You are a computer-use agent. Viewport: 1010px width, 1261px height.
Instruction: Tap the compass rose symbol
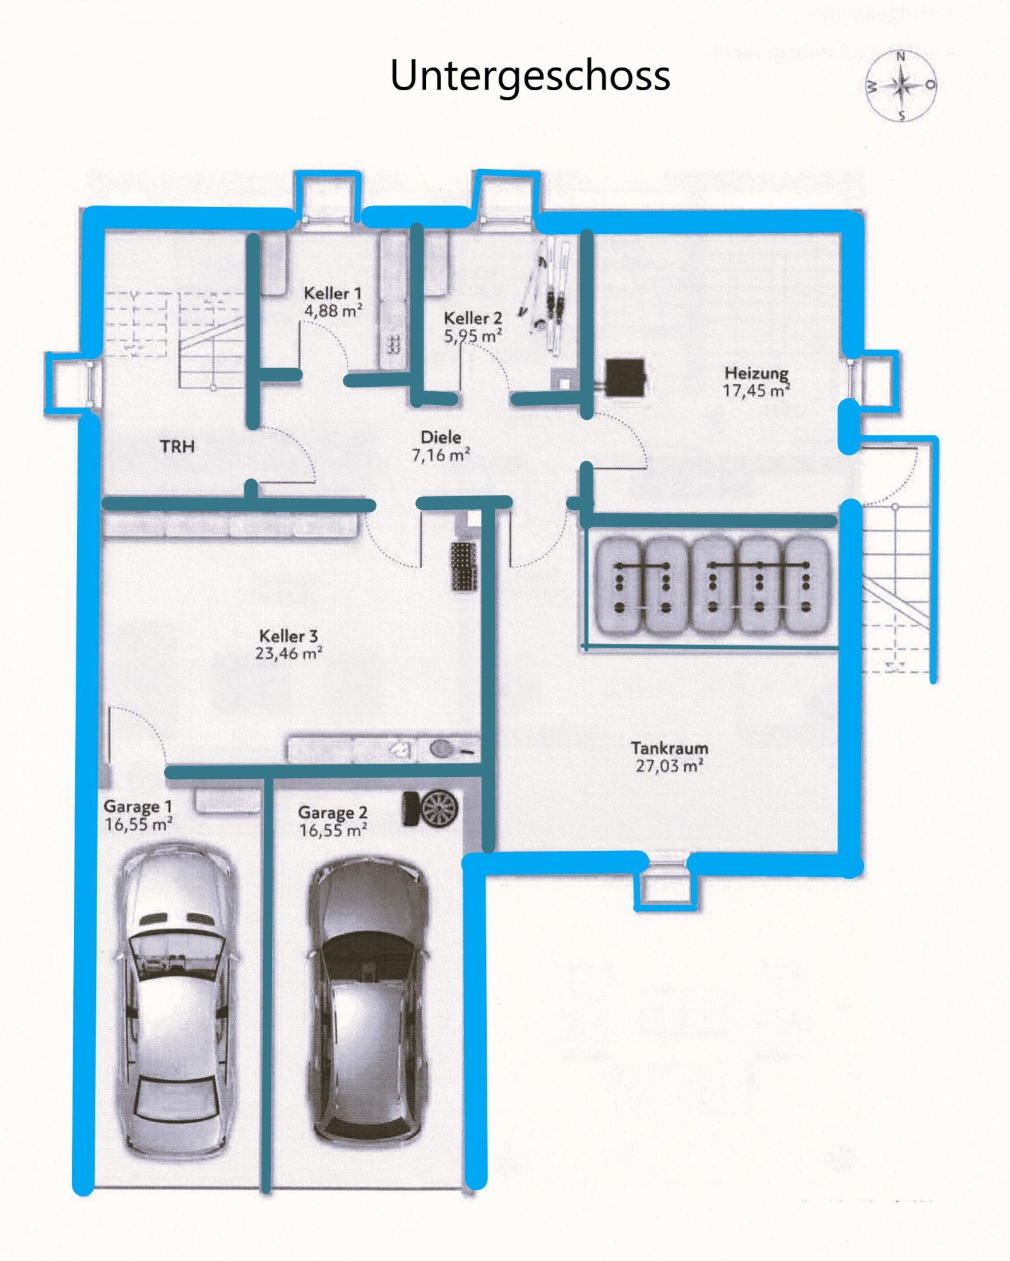tap(901, 85)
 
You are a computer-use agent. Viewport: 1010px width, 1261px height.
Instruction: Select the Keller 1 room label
tap(333, 293)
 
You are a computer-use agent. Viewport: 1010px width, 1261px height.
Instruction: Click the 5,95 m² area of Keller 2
tap(473, 336)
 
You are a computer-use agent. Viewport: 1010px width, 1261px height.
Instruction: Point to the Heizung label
tap(756, 373)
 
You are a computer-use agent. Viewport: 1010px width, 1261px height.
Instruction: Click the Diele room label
tap(441, 437)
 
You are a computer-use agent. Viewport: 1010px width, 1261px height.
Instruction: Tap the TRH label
tap(177, 446)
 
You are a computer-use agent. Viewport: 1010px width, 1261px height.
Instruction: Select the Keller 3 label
tap(288, 636)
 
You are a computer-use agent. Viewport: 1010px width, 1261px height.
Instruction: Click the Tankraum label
tap(670, 748)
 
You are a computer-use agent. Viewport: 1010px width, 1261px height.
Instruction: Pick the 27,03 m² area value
tap(670, 766)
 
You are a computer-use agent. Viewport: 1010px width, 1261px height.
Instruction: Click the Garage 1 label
tap(138, 806)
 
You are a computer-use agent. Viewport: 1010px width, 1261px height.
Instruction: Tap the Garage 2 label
tap(333, 812)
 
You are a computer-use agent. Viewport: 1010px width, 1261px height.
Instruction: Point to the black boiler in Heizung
tap(625, 377)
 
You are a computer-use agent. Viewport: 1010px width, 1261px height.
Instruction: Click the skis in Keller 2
tap(547, 294)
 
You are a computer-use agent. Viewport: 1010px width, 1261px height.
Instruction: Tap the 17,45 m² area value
tap(756, 391)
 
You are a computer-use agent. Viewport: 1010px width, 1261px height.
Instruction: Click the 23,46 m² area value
tap(288, 653)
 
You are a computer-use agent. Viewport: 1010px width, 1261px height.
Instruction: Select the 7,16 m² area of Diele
tap(441, 454)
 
